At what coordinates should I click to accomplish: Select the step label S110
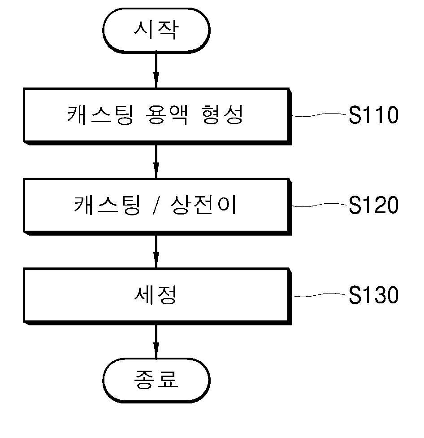pyautogui.click(x=373, y=115)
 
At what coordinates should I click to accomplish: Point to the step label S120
pyautogui.click(x=373, y=205)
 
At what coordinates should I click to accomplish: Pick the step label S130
pyautogui.click(x=373, y=295)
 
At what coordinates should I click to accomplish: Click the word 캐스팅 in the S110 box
pyautogui.click(x=100, y=114)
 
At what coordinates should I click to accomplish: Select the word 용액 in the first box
pyautogui.click(x=166, y=114)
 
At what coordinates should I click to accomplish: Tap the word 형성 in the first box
pyautogui.click(x=222, y=114)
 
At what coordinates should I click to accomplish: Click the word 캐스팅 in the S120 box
pyautogui.click(x=107, y=205)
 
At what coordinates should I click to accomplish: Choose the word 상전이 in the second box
pyautogui.click(x=203, y=205)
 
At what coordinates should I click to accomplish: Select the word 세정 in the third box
pyautogui.click(x=156, y=294)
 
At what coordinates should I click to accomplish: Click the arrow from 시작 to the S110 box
pyautogui.click(x=156, y=70)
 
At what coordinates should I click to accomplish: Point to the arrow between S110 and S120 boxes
pyautogui.click(x=156, y=162)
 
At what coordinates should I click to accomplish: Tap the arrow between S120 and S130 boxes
pyautogui.click(x=156, y=251)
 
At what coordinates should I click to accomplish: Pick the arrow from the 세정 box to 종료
pyautogui.click(x=156, y=342)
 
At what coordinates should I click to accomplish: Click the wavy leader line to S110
pyautogui.click(x=320, y=115)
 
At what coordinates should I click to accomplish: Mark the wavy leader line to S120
pyautogui.click(x=320, y=205)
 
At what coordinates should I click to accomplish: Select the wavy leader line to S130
pyautogui.click(x=320, y=295)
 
